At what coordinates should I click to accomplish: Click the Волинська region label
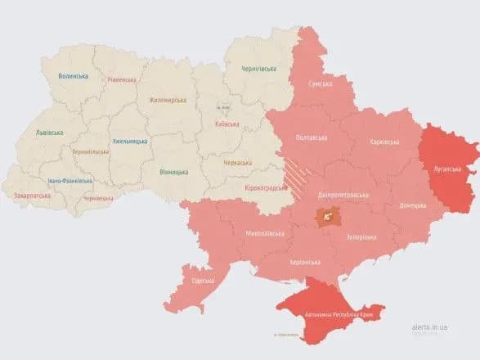click(74, 75)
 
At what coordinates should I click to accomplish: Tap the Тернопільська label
click(92, 152)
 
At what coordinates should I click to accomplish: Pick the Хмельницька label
click(129, 142)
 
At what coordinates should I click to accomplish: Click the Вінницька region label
click(173, 172)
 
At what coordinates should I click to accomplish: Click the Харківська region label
click(384, 142)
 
